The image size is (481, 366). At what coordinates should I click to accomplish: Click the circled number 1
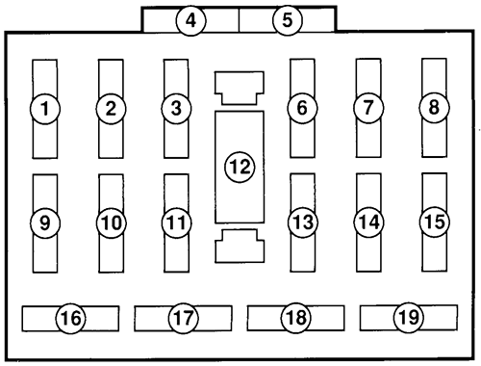click(44, 109)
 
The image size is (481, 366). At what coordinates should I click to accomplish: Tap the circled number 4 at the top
click(192, 19)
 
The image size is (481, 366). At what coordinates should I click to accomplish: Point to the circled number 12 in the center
click(239, 167)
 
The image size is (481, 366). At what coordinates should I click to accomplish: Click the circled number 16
click(70, 316)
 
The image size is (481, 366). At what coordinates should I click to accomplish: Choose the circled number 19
click(408, 316)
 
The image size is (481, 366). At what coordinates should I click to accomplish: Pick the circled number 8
click(435, 108)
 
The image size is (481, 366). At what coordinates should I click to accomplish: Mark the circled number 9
click(44, 222)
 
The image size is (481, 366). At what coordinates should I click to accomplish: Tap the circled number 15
click(435, 221)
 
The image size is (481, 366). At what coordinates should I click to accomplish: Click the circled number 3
click(175, 108)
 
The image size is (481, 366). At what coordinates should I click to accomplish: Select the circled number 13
click(302, 222)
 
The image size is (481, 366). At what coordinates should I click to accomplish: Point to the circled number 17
click(183, 316)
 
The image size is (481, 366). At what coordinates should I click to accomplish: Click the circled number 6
click(302, 108)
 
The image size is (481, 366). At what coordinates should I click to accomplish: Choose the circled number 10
click(112, 222)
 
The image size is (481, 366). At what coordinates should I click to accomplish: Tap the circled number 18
click(296, 316)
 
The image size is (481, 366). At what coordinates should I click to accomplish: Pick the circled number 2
click(112, 108)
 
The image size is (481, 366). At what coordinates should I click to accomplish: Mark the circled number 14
click(368, 222)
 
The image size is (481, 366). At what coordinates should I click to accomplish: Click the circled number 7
click(368, 108)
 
